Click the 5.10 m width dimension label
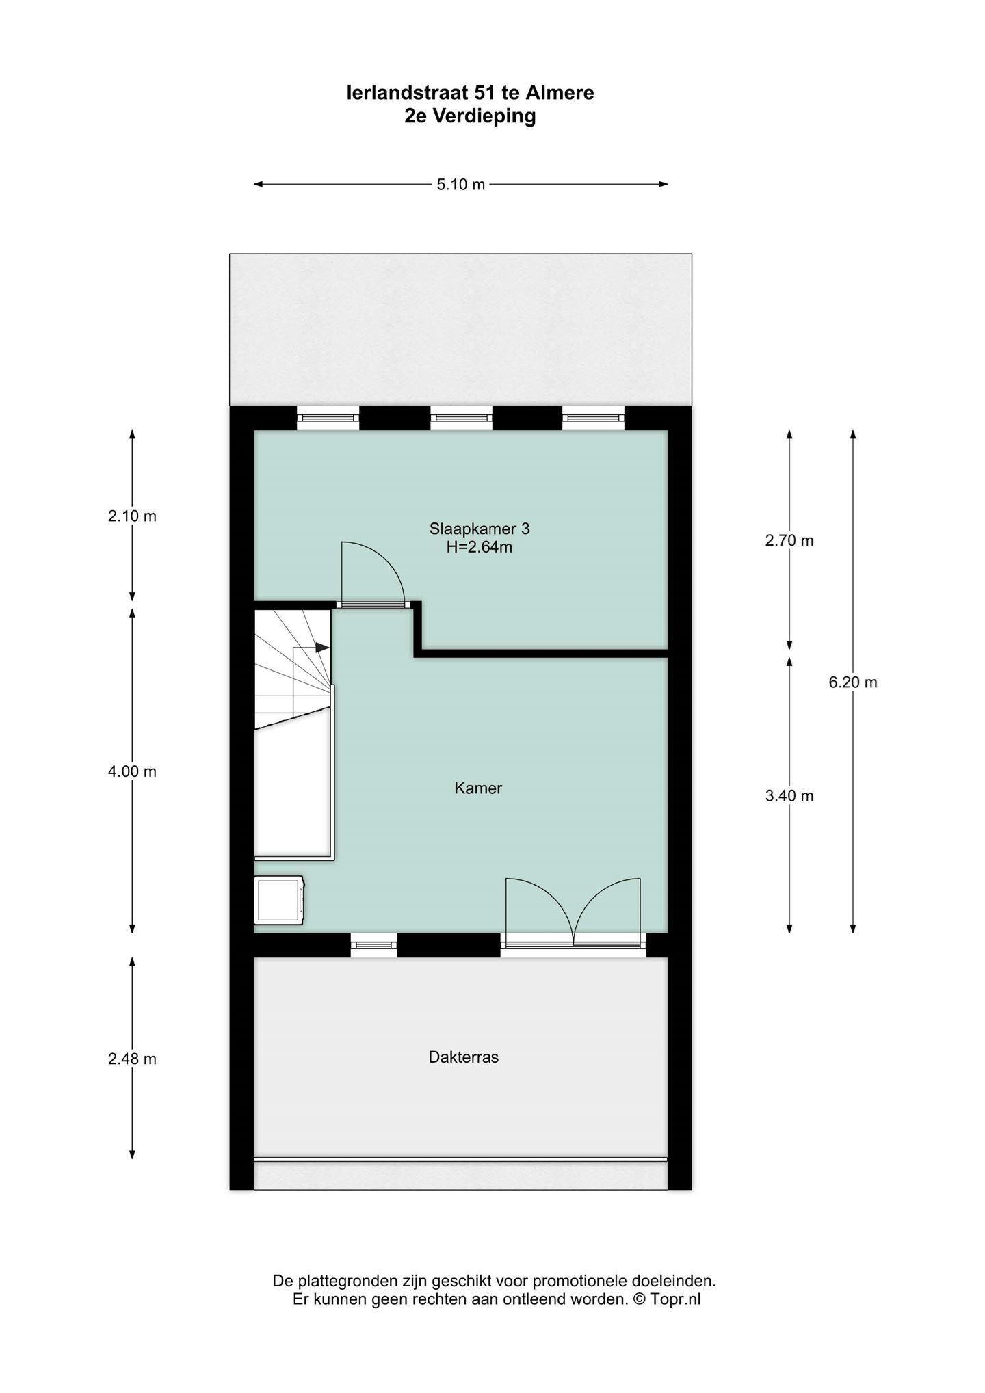click(x=460, y=184)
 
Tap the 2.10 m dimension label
click(x=132, y=516)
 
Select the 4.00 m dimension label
click(x=132, y=771)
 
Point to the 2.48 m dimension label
click(x=132, y=1059)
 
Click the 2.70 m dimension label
click(x=789, y=540)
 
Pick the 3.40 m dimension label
click(x=789, y=795)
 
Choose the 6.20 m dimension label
click(x=853, y=682)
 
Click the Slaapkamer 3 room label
click(x=480, y=529)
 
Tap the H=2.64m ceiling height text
click(x=480, y=547)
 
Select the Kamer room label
click(x=478, y=788)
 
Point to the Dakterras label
click(x=464, y=1057)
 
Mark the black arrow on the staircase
click(x=321, y=647)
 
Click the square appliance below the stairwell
click(x=279, y=901)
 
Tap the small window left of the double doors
click(x=373, y=945)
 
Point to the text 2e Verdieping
click(x=470, y=116)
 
